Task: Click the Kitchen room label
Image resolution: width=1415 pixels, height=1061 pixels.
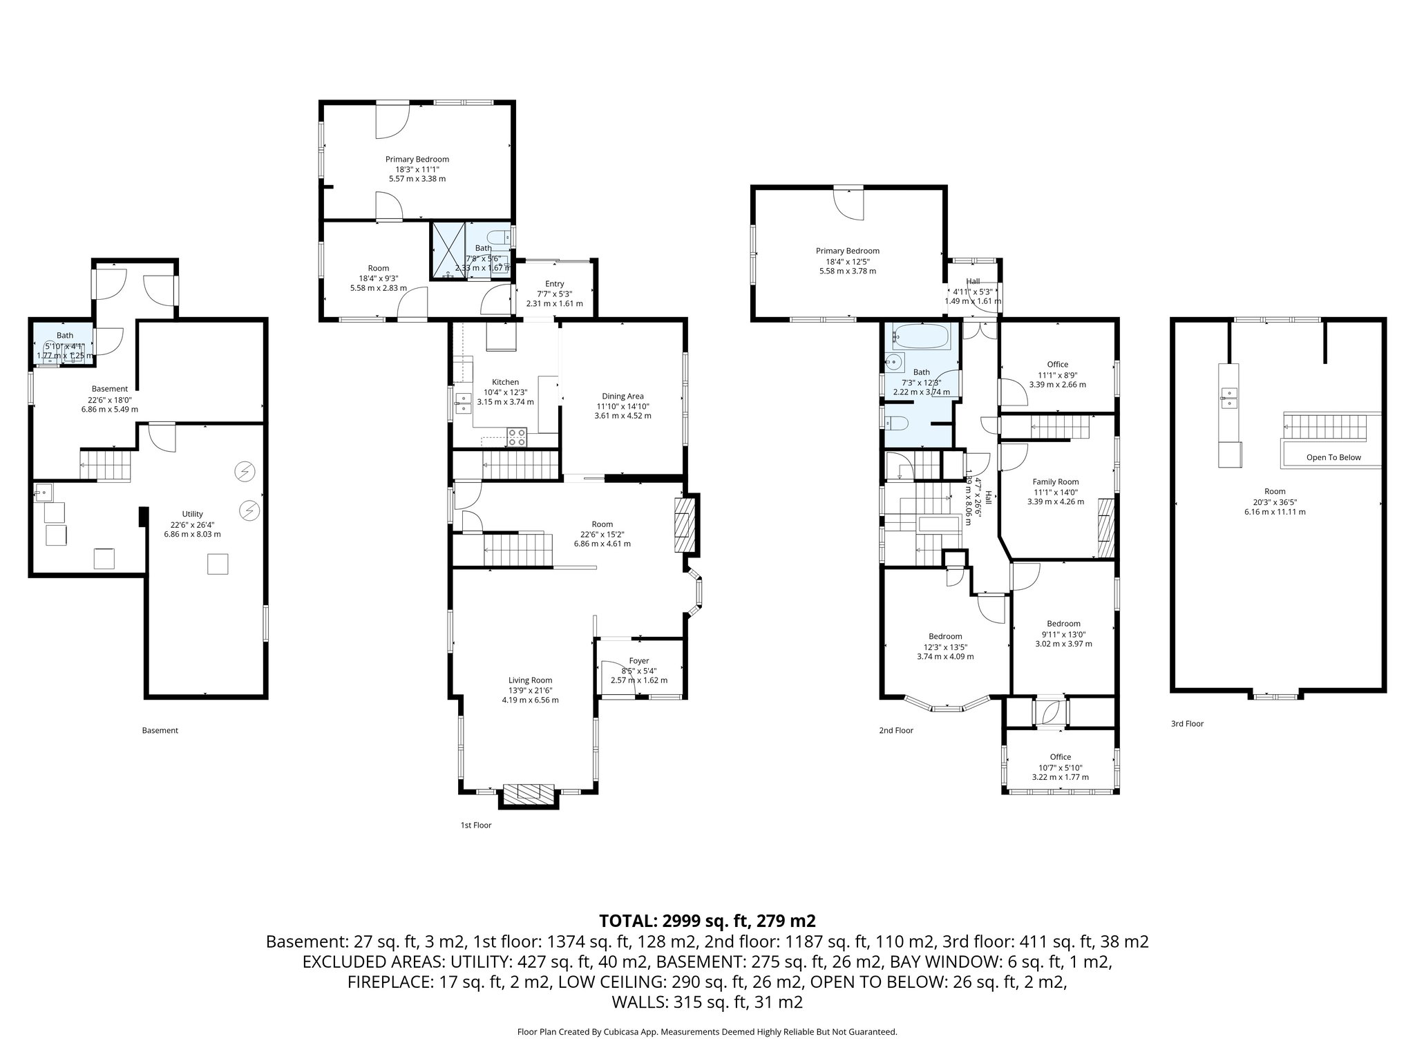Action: coord(505,382)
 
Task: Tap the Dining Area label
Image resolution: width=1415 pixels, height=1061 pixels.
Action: coord(623,396)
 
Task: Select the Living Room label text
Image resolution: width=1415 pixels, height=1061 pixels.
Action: coord(530,680)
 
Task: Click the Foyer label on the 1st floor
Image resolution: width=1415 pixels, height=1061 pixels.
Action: coord(638,661)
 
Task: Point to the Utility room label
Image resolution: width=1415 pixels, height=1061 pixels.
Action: coord(192,514)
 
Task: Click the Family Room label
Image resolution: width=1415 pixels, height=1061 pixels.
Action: coord(1055,482)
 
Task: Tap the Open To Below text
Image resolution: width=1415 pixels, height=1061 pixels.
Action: coord(1333,457)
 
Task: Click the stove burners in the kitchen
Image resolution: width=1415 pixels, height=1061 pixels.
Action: coord(517,437)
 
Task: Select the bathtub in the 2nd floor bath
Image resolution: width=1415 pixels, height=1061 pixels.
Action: coord(922,337)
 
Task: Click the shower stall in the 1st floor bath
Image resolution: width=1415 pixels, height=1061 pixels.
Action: coord(448,250)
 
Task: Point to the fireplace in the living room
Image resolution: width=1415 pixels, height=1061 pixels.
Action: coord(529,794)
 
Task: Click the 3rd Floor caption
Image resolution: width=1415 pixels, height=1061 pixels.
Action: coord(1187,724)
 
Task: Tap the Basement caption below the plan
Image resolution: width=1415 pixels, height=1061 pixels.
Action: coord(160,730)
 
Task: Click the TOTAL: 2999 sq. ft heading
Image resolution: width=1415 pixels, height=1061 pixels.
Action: coord(707,921)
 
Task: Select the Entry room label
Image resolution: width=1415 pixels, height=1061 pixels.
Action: coord(554,284)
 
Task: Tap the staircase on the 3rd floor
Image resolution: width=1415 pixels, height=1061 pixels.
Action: coord(1325,426)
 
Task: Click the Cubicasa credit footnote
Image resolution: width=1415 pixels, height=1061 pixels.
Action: coord(707,1032)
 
